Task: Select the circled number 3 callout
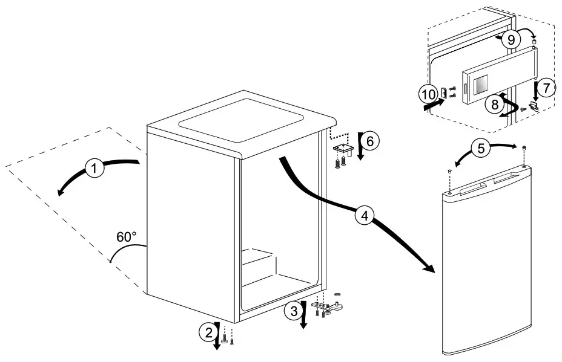click(294, 312)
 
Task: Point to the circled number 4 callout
click(364, 215)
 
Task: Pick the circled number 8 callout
click(496, 103)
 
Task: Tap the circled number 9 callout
click(511, 40)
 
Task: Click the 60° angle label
click(126, 238)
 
